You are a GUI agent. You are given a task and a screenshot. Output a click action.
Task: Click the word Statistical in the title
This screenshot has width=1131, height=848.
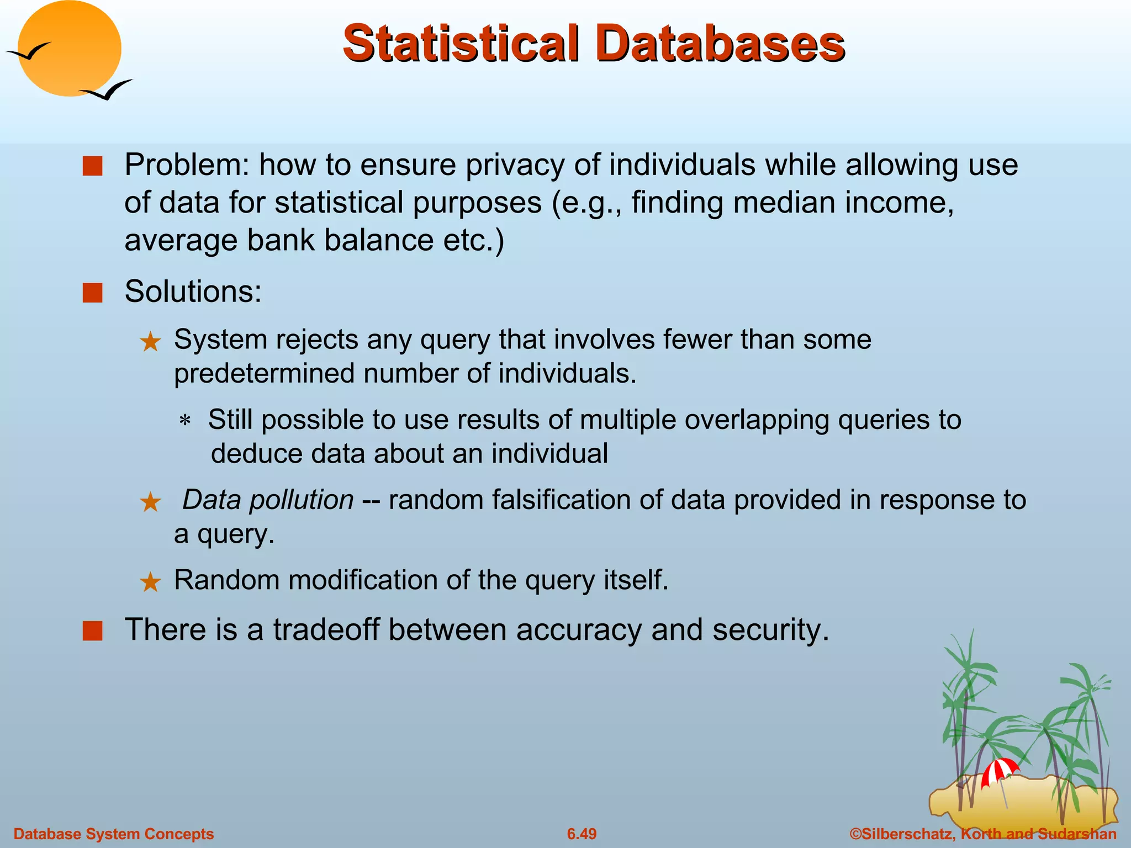point(461,43)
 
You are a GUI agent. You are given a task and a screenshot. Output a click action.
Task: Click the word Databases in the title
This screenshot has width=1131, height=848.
point(720,43)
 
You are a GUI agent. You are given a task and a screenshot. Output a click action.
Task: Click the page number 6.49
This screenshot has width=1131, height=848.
point(582,834)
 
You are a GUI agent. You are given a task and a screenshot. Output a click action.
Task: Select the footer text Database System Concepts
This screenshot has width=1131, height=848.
point(113,834)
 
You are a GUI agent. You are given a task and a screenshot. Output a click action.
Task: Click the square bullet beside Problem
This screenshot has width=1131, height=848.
point(92,166)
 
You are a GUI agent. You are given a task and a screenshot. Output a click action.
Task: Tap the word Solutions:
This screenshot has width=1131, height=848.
point(193,291)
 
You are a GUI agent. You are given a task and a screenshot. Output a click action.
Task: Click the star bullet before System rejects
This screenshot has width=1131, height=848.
point(150,342)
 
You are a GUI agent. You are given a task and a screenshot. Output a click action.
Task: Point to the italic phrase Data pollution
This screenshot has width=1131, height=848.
point(268,500)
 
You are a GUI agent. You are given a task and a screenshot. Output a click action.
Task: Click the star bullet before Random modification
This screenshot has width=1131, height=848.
point(150,582)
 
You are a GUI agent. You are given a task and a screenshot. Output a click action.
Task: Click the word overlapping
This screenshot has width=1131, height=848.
point(757,420)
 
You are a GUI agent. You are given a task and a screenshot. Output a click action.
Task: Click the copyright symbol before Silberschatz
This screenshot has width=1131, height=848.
point(855,834)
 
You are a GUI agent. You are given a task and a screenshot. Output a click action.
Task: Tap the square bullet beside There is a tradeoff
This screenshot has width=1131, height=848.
point(92,631)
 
